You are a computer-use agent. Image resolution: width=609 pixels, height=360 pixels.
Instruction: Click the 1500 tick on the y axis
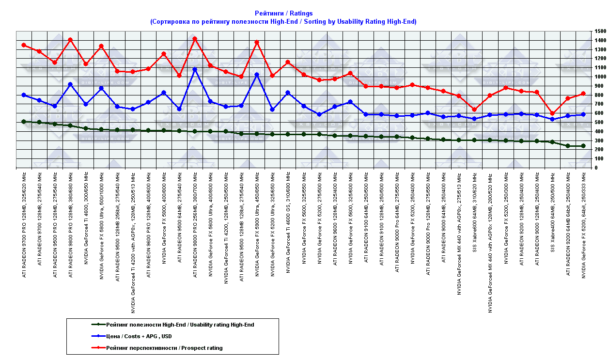coord(599,31)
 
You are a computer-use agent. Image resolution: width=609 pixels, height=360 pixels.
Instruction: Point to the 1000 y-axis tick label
coord(599,77)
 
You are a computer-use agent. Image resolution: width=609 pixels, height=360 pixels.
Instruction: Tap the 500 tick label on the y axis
coord(597,123)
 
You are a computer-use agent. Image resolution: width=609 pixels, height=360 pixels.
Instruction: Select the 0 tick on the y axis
coord(595,168)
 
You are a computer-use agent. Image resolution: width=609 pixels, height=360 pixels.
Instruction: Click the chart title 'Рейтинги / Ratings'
coord(283,14)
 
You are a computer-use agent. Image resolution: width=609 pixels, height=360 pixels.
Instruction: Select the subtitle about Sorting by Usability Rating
coord(283,22)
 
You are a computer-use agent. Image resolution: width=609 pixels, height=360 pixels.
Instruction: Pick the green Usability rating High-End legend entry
coord(179,325)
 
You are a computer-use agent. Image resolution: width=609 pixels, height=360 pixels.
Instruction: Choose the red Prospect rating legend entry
coord(164,348)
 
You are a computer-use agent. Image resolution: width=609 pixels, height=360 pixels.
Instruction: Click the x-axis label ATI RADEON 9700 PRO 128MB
coord(24,222)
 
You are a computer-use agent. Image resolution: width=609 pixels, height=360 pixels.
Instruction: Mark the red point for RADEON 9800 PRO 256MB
coord(195,39)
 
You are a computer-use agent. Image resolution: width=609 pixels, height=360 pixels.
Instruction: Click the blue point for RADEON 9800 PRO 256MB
coord(195,69)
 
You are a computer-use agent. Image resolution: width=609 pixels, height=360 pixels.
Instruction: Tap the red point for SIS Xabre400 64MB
coord(552,113)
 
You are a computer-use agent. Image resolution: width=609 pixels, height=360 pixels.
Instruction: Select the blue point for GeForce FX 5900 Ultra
coord(257,75)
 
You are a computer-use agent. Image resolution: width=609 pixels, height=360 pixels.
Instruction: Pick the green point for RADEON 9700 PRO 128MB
coord(24,122)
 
